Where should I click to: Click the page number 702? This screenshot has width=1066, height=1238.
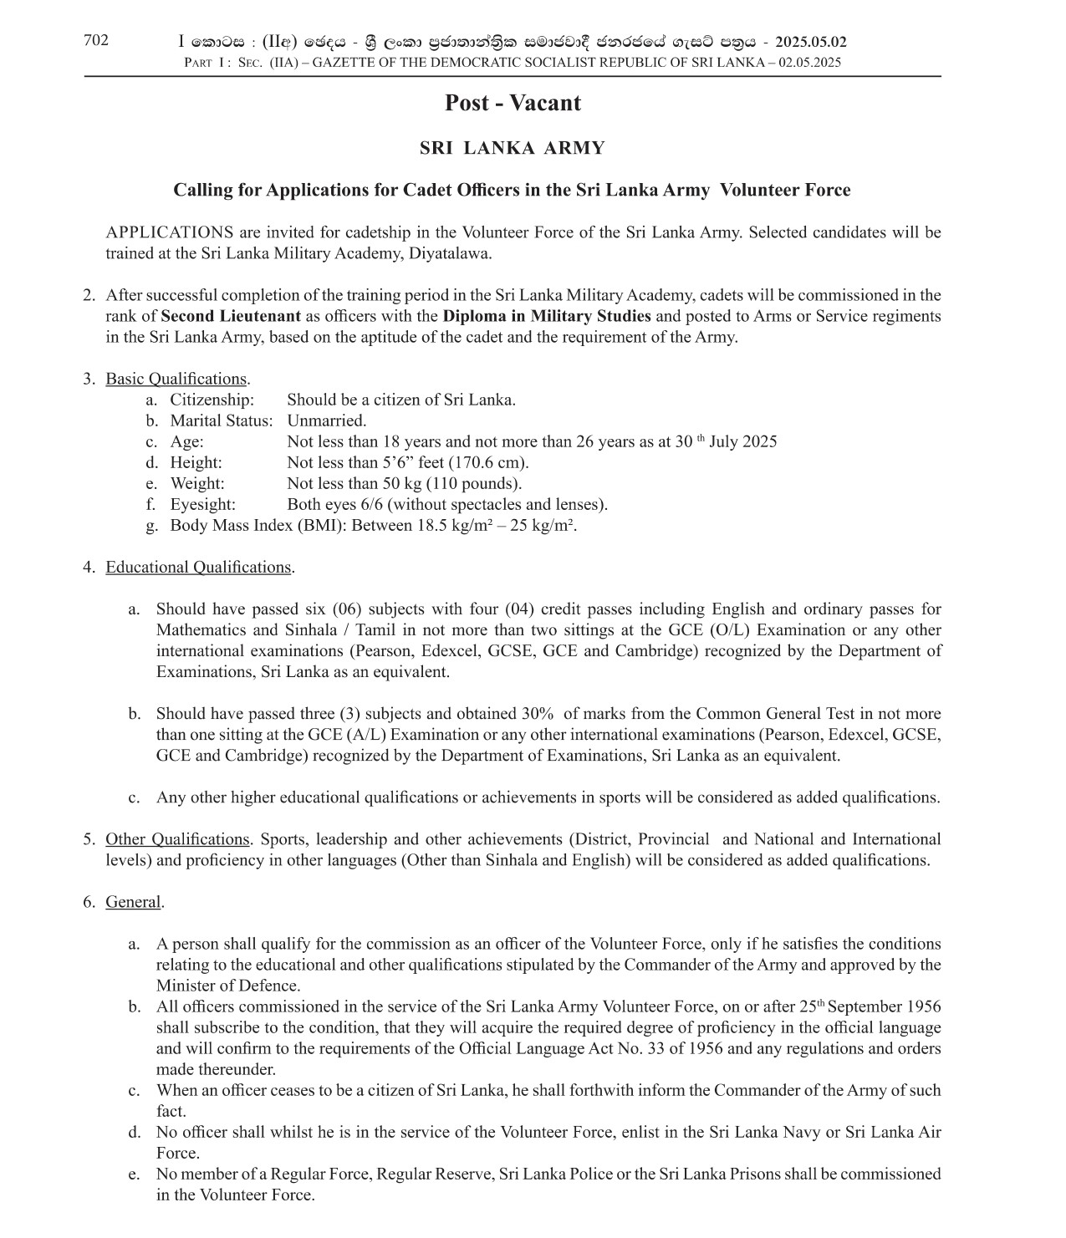click(x=95, y=40)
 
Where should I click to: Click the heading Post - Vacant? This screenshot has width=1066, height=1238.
click(x=512, y=103)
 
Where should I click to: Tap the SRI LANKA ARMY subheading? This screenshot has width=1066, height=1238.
click(x=512, y=149)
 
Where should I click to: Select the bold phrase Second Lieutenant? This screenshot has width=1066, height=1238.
click(x=231, y=316)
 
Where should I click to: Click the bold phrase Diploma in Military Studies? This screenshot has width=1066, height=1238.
click(x=547, y=316)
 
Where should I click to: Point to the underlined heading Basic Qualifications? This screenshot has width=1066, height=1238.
click(x=176, y=379)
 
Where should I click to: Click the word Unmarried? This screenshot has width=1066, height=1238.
click(x=326, y=420)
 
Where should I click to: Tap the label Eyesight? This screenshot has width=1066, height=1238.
click(x=203, y=504)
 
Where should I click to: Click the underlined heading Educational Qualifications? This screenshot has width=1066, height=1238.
click(x=198, y=567)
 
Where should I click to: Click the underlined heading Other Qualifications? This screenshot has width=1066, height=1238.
click(x=177, y=838)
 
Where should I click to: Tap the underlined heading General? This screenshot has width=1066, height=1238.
click(x=133, y=901)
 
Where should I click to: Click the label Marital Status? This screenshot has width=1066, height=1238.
click(x=222, y=420)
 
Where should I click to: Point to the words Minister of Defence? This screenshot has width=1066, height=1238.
click(x=227, y=986)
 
